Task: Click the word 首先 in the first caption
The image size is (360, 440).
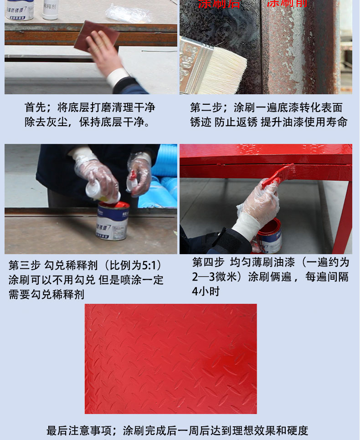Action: [36, 107]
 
